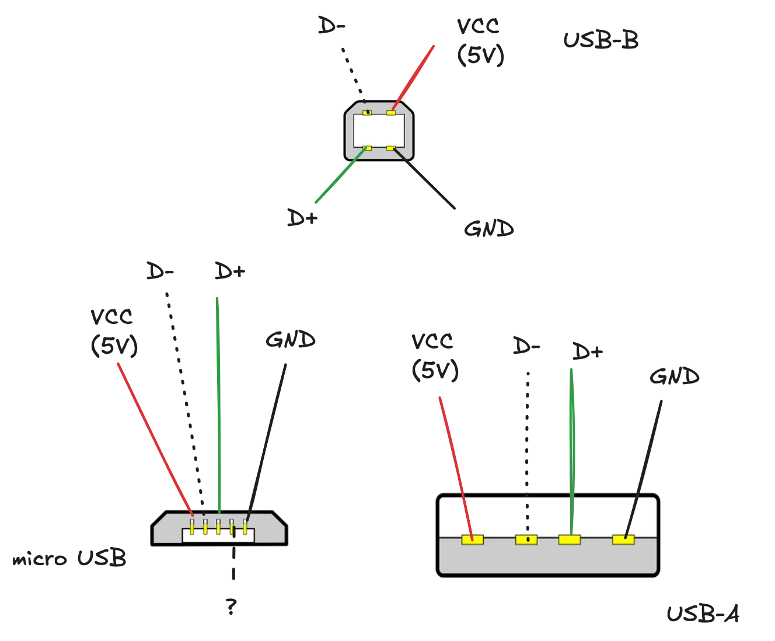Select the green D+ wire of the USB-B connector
[341, 175]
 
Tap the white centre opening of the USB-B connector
[379, 130]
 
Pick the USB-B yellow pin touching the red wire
[390, 112]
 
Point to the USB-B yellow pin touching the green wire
[367, 148]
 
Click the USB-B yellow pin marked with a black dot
[367, 112]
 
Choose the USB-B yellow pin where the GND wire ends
[390, 148]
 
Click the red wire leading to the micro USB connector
[155, 438]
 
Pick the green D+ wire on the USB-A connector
[571, 444]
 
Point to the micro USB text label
[68, 560]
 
